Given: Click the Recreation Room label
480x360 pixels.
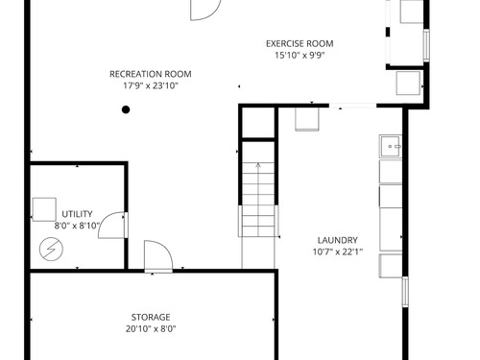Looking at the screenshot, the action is pos(151,74).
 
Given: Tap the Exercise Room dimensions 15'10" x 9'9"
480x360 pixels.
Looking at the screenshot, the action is pos(300,56).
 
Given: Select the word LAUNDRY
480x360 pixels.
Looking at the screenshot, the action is pos(338,240).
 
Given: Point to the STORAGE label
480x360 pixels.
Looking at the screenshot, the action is pos(151,317).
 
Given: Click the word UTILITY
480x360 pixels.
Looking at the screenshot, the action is pos(77,214).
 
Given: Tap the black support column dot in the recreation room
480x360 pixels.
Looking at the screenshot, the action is pos(126,109).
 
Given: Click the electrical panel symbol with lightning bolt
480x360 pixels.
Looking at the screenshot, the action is pos(51,249).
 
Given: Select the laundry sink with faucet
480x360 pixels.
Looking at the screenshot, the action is pos(391,146).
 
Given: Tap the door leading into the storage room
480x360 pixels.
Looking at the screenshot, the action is pos(158,256).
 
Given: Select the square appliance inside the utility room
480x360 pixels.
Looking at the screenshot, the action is pos(44,209).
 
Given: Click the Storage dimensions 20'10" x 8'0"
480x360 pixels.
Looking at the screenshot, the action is pos(151,329).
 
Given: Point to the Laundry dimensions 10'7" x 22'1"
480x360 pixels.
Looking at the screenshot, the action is pos(338,252).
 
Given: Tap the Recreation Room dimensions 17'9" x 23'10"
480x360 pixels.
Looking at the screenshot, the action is pos(151,85).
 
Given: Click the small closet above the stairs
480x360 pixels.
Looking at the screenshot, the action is pos(258,123).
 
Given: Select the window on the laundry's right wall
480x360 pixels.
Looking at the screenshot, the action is pos(405,292).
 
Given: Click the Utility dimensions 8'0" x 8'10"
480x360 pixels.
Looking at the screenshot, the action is pos(77,226).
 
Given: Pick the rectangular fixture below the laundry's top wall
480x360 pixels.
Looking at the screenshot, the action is pos(307,119).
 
